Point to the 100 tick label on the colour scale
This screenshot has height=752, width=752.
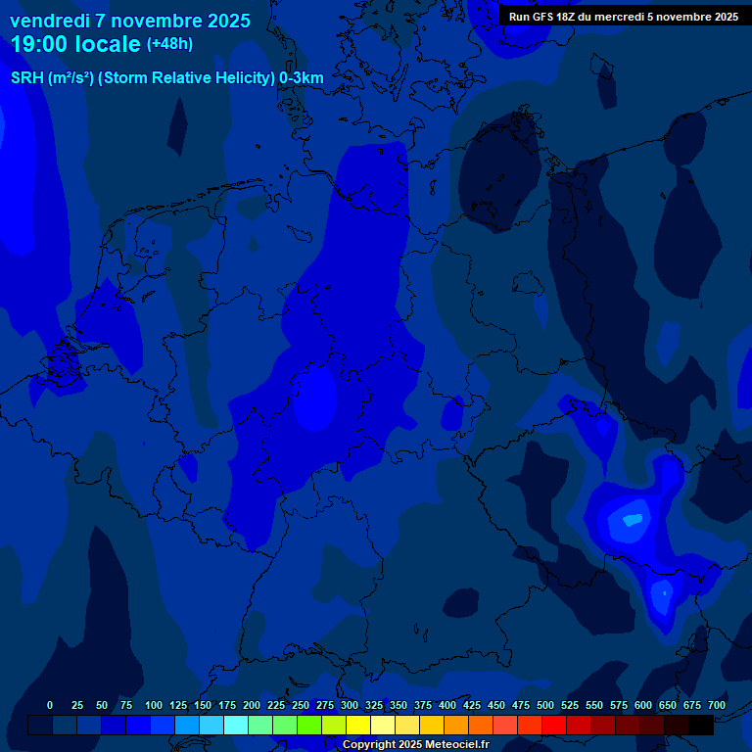(154, 705)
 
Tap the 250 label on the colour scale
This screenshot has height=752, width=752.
(301, 705)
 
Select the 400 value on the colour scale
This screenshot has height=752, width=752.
(447, 705)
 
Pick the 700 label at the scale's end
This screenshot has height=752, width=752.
(716, 705)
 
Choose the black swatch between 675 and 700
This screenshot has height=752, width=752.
(701, 725)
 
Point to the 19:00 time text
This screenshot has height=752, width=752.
(39, 44)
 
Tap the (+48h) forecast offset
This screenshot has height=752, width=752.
(169, 44)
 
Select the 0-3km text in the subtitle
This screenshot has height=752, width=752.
(302, 78)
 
